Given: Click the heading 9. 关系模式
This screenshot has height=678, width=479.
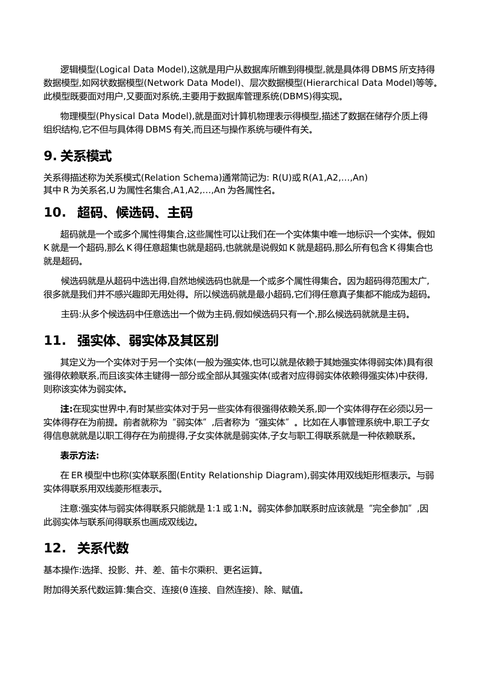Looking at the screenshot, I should click(x=78, y=156).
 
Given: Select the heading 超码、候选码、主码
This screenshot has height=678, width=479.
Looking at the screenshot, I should click(x=135, y=213).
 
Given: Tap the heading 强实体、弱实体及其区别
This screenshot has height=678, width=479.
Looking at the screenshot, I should click(x=147, y=341).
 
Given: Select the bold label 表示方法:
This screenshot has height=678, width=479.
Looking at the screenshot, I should click(x=80, y=456).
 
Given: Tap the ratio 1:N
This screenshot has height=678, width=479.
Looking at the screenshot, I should click(x=242, y=508).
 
